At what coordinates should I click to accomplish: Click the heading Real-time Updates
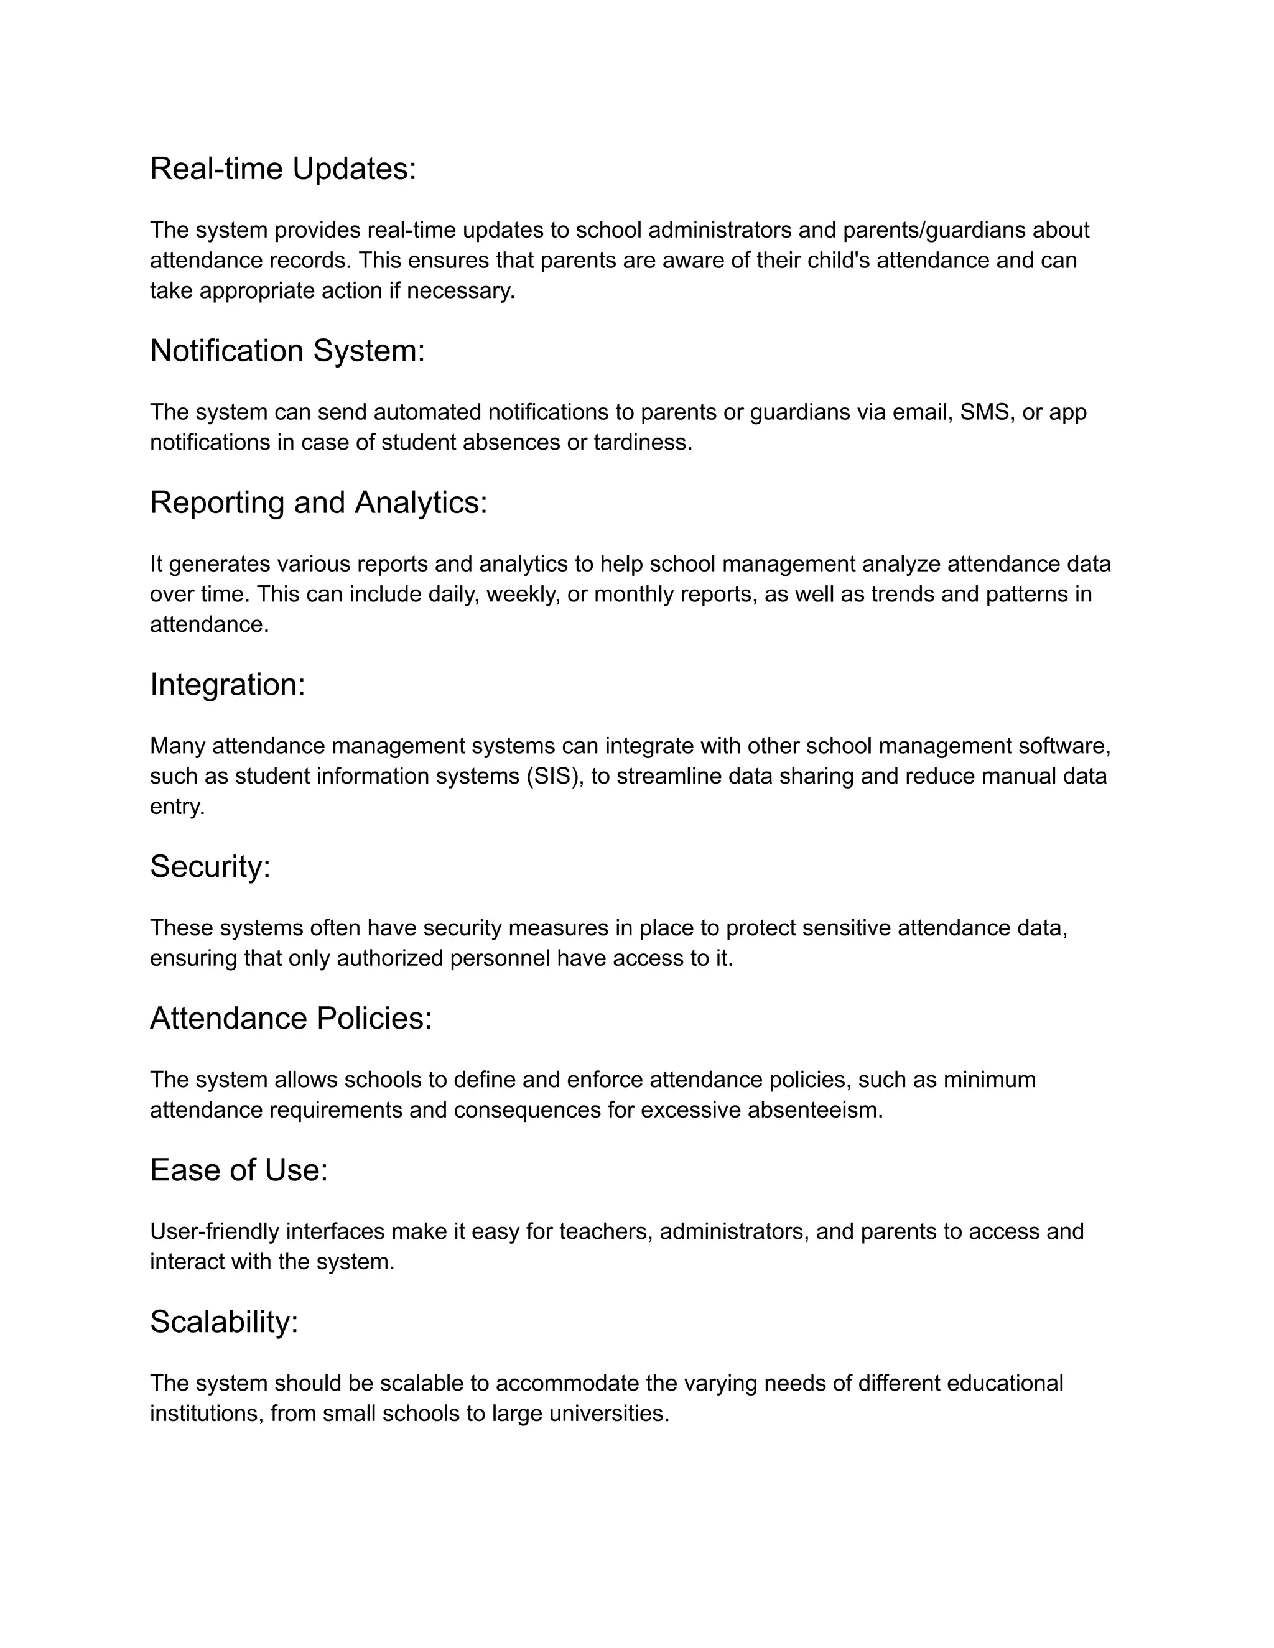click(x=283, y=169)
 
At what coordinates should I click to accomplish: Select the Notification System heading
click(x=287, y=351)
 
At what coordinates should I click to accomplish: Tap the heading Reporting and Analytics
click(x=318, y=502)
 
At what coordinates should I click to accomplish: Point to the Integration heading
click(x=227, y=685)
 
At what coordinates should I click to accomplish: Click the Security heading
click(x=210, y=866)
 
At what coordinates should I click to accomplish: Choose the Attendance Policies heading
click(x=291, y=1019)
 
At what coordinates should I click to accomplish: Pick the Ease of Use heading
click(x=238, y=1170)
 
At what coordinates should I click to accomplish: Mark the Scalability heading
click(x=224, y=1322)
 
